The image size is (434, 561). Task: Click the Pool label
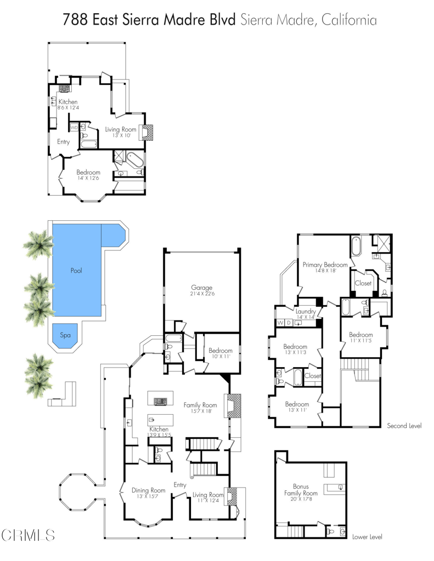pos(76,271)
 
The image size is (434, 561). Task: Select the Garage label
pos(201,288)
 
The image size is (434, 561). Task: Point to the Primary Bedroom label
pos(325,265)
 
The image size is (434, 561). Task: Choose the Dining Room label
pos(148,490)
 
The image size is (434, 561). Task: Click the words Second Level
pos(404,426)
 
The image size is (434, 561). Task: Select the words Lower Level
pos(368,537)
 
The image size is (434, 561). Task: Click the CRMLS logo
pos(28,534)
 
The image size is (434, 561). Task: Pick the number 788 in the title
pos(75,21)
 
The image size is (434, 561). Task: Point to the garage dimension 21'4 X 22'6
pos(201,294)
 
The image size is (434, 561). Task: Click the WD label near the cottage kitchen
pos(74,128)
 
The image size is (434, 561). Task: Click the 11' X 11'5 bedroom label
pos(361,341)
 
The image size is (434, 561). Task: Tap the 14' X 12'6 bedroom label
pos(88,178)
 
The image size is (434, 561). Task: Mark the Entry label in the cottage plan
pos(63,142)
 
